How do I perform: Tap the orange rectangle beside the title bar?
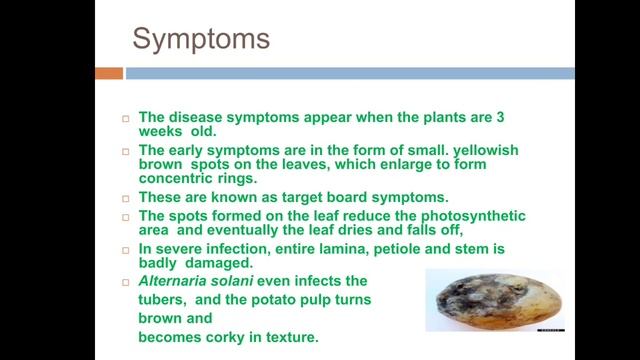click(109, 73)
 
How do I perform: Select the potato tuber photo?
click(494, 299)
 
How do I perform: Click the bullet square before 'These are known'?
click(126, 198)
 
